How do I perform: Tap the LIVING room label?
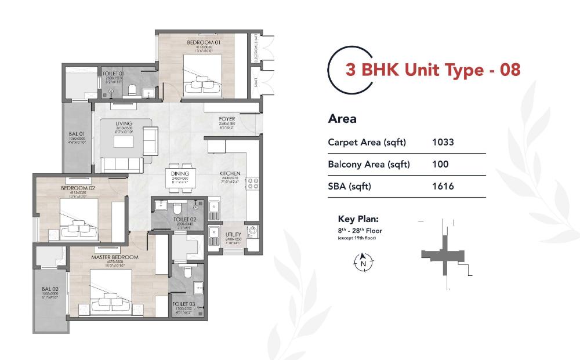click(124, 123)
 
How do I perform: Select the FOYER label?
click(227, 119)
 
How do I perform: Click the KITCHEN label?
click(230, 173)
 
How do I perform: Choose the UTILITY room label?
click(234, 234)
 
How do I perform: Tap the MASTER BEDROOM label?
click(114, 257)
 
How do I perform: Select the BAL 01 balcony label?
click(77, 134)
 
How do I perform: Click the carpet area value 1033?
click(443, 142)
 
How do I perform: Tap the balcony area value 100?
click(441, 164)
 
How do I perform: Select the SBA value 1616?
click(443, 186)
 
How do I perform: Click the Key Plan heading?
click(358, 220)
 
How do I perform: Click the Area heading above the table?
click(342, 119)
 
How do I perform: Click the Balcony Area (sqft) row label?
click(369, 164)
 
